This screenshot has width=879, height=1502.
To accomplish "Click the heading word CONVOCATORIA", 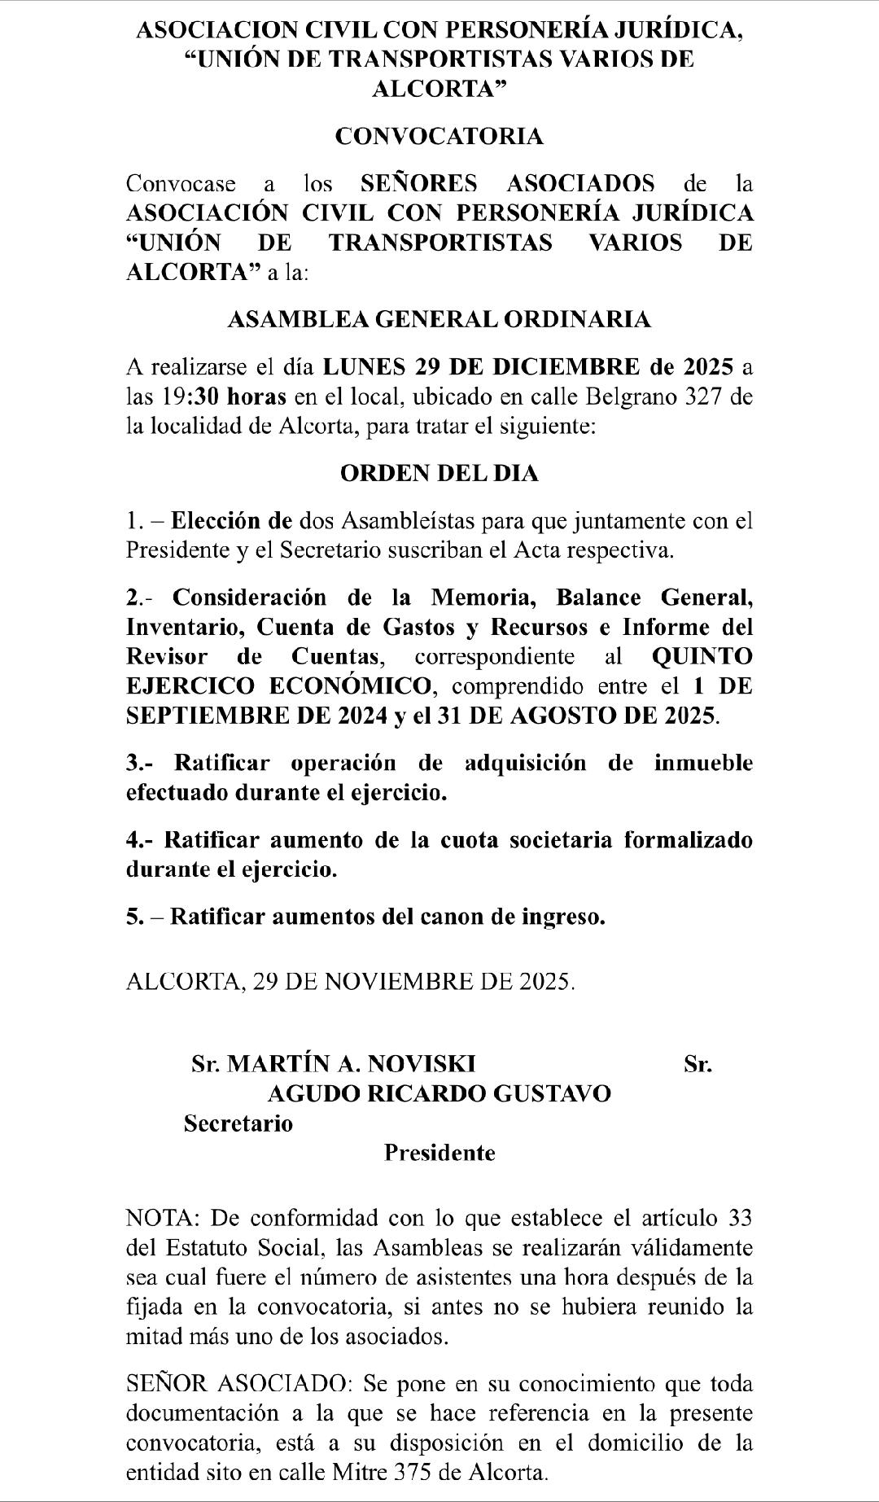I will (439, 136).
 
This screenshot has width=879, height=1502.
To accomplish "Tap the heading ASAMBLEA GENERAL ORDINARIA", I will (439, 319).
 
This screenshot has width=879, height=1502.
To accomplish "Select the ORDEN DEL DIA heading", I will (439, 473).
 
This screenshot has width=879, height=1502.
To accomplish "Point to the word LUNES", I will (365, 366).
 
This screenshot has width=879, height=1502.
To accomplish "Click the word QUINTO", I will (702, 656).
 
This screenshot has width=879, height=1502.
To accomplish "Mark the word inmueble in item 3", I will (703, 763).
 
